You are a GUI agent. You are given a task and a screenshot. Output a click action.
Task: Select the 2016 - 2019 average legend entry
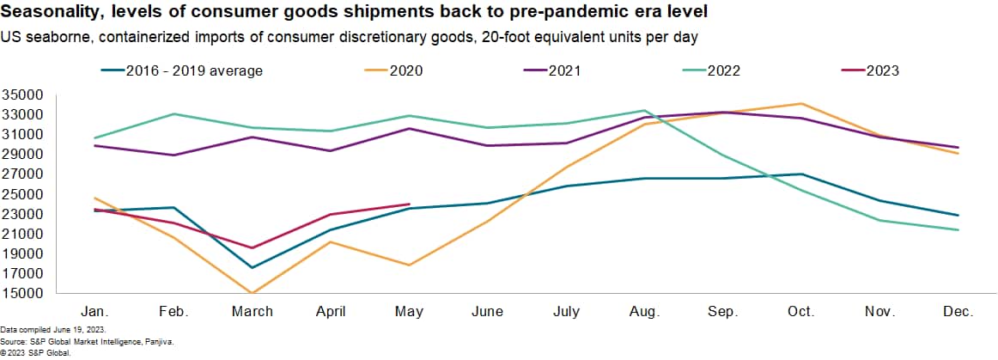coord(193,70)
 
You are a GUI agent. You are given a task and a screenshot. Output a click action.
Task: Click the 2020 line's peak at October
coord(801,104)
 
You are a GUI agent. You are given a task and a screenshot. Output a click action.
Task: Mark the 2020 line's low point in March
coord(253,293)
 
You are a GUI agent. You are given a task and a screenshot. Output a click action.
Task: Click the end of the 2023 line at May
coord(409,204)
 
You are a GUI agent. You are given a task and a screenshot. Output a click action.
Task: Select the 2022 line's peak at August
coord(644,110)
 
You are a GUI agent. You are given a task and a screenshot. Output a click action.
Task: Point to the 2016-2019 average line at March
coord(253,267)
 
